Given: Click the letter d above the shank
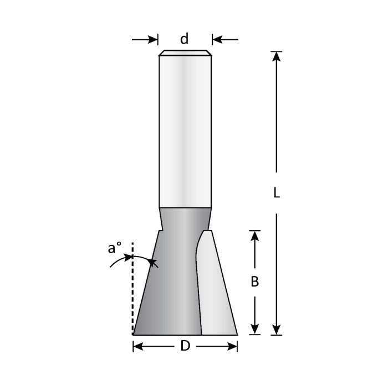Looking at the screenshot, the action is pyautogui.click(x=185, y=39).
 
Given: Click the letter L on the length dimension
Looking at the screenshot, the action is pyautogui.click(x=277, y=192).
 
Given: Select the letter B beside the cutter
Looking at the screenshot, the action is pyautogui.click(x=254, y=281).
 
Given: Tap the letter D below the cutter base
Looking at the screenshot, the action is pyautogui.click(x=185, y=346).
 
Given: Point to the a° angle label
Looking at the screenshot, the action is pyautogui.click(x=115, y=248).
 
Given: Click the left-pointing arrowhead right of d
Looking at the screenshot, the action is pyautogui.click(x=217, y=39).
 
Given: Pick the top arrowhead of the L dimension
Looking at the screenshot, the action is pyautogui.click(x=277, y=56).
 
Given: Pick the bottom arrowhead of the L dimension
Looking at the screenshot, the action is pyautogui.click(x=277, y=330).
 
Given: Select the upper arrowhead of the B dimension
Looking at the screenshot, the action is pyautogui.click(x=254, y=236).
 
